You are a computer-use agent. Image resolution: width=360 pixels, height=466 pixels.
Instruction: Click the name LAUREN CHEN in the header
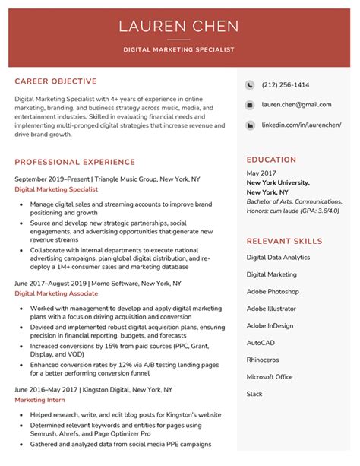(178, 27)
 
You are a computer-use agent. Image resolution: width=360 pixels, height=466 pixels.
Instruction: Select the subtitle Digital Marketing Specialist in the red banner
(178, 49)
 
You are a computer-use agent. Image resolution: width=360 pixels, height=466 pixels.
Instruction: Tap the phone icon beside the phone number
(250, 85)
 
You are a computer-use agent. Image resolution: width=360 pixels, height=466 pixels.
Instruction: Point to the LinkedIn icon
(250, 125)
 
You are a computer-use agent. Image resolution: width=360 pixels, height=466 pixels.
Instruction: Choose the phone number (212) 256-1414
(285, 85)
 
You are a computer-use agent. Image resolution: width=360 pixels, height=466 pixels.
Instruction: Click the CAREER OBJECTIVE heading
(55, 81)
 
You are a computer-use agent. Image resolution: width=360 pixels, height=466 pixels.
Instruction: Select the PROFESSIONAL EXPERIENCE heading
(74, 162)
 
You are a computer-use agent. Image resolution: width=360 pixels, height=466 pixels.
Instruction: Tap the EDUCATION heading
(271, 160)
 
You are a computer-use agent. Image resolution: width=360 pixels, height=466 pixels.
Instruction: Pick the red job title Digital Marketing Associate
(56, 293)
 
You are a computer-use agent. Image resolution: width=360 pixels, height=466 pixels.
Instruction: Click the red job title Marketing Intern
(39, 400)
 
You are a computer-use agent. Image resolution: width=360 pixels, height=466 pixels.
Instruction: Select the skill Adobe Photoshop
(273, 291)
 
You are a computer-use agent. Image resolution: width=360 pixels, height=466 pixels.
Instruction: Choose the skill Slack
(254, 394)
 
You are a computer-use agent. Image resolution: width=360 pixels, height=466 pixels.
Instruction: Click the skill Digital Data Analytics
(278, 258)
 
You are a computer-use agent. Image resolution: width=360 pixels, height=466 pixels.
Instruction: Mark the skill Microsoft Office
(270, 377)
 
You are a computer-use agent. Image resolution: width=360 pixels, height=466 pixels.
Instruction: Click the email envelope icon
(250, 105)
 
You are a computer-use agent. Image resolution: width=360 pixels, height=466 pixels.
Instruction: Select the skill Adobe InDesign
(270, 325)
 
